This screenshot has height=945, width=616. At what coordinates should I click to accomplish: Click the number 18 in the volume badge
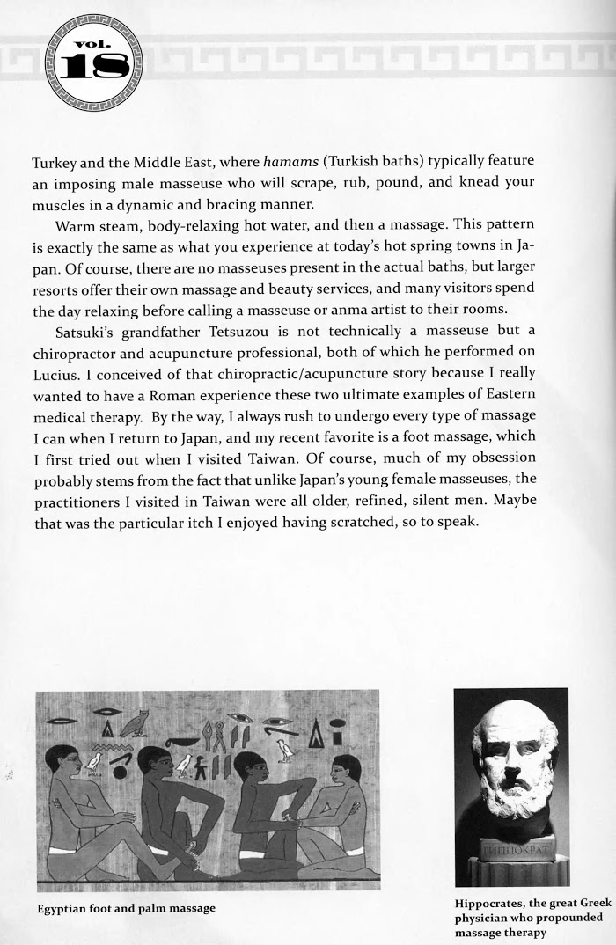click(92, 66)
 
